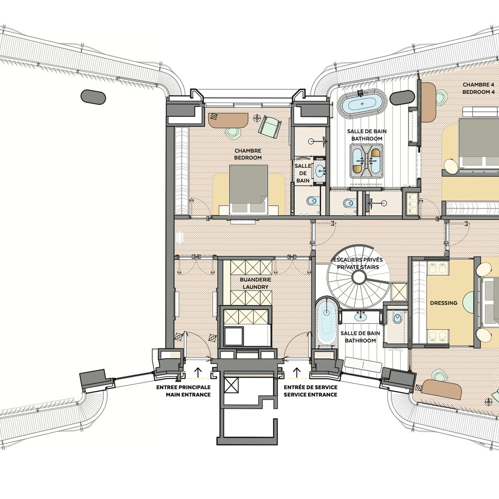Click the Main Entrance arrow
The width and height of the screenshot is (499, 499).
coord(198,372)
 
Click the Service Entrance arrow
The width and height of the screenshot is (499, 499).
coord(297,372)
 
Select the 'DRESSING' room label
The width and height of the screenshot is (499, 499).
coord(444,303)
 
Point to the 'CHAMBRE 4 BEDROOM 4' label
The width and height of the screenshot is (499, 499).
coord(478,88)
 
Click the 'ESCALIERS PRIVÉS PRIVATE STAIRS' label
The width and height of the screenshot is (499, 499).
coord(358,263)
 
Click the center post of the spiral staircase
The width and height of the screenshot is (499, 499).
coord(360,278)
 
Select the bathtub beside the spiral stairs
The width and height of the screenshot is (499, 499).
coord(326,322)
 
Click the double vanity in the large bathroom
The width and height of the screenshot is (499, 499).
coord(366,161)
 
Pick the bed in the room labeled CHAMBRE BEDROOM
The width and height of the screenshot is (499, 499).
coord(249,189)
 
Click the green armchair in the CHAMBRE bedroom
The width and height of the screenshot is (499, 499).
coord(270,127)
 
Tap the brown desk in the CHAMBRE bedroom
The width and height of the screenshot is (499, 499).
coord(228,120)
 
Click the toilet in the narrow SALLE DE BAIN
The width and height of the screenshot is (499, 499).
coord(312,201)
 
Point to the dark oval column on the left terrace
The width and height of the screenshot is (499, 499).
coord(93,97)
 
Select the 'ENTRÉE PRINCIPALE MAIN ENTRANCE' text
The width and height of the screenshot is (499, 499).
coord(183,391)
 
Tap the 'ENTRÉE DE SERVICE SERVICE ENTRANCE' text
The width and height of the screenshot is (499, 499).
coord(310,391)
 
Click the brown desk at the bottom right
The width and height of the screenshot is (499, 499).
coord(441,389)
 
